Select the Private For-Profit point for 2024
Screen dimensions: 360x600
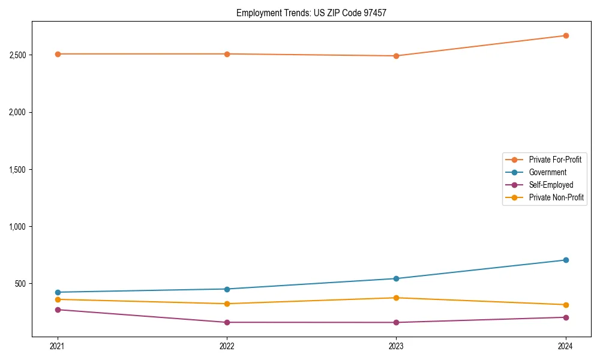click(566, 35)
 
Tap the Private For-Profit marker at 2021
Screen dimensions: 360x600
click(58, 54)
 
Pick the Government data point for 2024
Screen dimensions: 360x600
click(566, 260)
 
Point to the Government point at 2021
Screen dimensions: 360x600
click(58, 292)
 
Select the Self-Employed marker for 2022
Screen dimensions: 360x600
click(227, 322)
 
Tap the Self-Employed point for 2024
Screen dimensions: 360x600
click(566, 317)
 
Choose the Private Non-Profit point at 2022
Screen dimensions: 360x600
click(227, 304)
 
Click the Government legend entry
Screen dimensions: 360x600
click(547, 172)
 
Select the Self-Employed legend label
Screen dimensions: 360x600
click(551, 185)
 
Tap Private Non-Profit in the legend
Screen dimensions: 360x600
click(556, 197)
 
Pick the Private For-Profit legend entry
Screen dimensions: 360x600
click(555, 160)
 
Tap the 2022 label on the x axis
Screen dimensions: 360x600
click(227, 346)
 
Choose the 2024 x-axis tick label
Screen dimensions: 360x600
click(566, 346)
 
